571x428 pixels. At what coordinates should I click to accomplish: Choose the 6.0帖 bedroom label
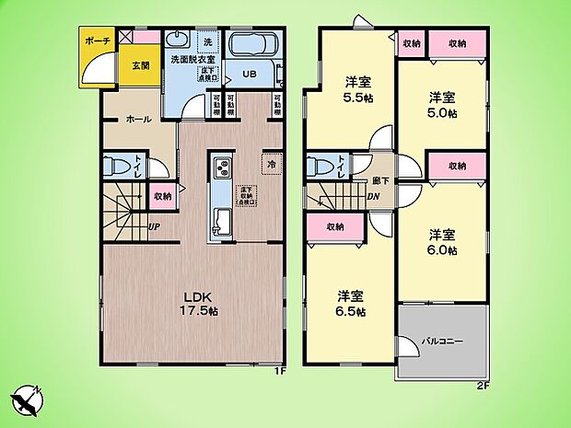coord(440,241)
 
